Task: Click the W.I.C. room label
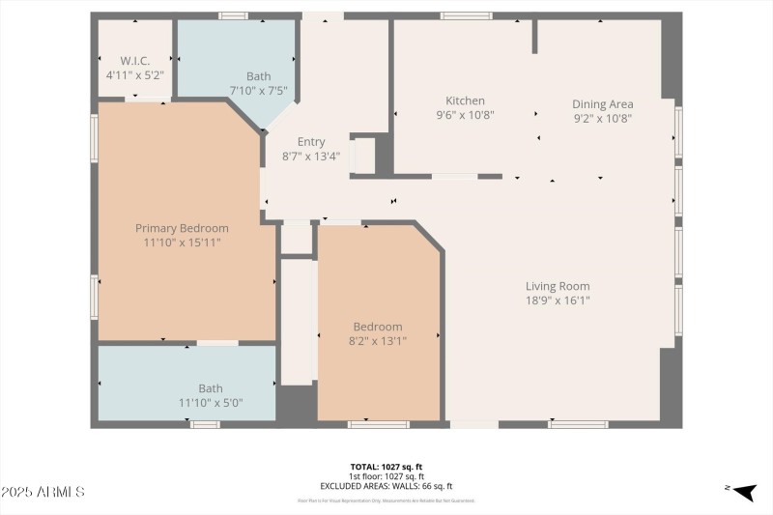coord(135,59)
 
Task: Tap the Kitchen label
coord(465,100)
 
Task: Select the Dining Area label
coord(602,104)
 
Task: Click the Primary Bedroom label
coord(182,228)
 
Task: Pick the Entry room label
coord(311,141)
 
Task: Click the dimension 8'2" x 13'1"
coord(377,340)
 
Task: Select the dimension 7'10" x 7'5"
coord(258,90)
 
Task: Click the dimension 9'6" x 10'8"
coord(465,114)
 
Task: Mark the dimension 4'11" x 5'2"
coord(135,73)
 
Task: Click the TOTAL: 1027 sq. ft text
coord(386,467)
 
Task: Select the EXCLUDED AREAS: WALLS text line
coord(386,486)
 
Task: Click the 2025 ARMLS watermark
coord(43,492)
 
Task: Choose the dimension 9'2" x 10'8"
coord(602,118)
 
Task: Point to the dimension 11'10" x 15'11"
coord(182,243)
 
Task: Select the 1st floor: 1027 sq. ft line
coord(386,476)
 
